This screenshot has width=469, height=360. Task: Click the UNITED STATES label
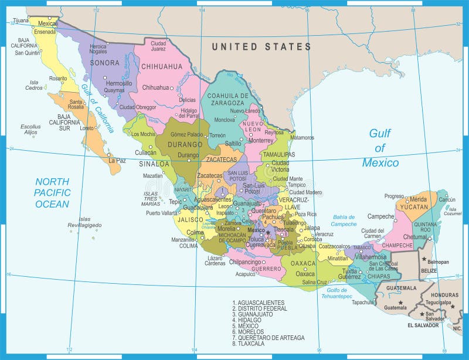[x=261, y=46]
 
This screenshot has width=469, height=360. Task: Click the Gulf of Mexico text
[x=380, y=148]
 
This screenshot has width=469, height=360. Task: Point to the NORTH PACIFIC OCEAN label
[x=52, y=192]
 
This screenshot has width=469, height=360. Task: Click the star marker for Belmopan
[x=424, y=259]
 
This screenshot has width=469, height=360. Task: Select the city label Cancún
[x=447, y=200]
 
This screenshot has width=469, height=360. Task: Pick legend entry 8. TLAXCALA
[x=249, y=344]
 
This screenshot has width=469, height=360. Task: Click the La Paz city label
[x=117, y=160]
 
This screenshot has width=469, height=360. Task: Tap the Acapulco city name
[x=245, y=273]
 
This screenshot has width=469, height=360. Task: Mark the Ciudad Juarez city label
[x=158, y=45]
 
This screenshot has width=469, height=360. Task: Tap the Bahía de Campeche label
[x=344, y=220]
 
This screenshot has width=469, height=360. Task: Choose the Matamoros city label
[x=303, y=137]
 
